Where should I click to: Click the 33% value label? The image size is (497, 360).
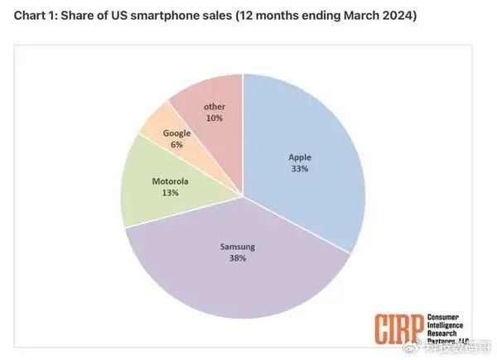(299, 169)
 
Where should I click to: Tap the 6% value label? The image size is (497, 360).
(177, 144)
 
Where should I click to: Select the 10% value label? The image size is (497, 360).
(214, 118)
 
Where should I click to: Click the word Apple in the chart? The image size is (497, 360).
(300, 157)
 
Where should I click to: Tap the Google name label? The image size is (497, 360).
(177, 132)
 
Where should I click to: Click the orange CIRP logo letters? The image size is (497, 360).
(398, 329)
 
